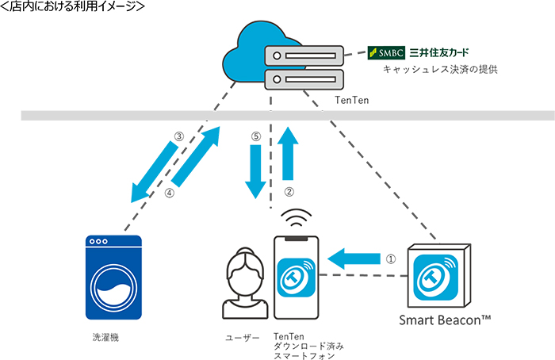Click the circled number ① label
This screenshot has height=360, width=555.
[x=389, y=258]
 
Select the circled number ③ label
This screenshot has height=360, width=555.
[x=179, y=136]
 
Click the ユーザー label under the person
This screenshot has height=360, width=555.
[x=242, y=337]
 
